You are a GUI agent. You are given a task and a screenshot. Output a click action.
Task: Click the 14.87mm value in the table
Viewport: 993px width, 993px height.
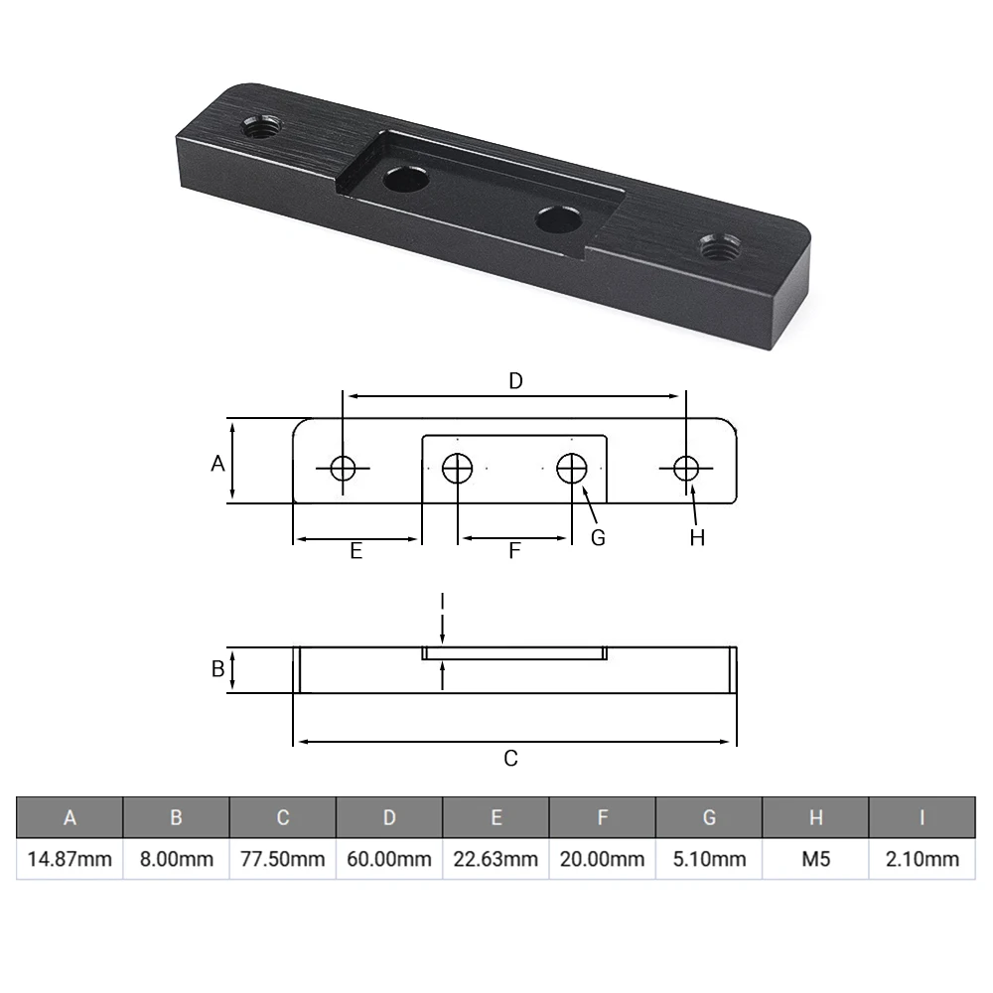[70, 858]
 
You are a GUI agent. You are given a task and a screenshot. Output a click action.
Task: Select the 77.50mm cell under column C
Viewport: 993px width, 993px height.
[283, 858]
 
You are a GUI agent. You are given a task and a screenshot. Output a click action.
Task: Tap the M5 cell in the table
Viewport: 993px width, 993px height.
[815, 858]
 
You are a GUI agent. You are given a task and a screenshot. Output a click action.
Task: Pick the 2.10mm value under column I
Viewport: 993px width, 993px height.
[922, 858]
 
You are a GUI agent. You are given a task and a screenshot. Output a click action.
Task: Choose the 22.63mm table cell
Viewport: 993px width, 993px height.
[496, 858]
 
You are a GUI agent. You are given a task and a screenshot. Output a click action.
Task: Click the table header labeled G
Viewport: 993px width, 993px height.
[709, 817]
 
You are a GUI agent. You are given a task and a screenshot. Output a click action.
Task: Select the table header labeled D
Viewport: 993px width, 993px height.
[389, 817]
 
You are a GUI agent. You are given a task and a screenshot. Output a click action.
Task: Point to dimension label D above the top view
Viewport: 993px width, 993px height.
[515, 380]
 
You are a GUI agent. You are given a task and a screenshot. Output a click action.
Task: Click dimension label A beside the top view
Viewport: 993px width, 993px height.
[217, 463]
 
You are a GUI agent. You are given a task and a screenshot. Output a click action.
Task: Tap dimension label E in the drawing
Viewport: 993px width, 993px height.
[355, 551]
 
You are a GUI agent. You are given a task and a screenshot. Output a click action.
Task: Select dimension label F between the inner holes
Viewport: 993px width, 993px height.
[514, 551]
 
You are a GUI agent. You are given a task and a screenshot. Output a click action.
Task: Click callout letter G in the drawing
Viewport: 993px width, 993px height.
[598, 537]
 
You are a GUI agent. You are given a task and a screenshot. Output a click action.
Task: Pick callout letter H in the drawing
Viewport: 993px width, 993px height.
[697, 537]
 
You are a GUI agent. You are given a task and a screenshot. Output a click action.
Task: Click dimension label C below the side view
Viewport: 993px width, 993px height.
[510, 759]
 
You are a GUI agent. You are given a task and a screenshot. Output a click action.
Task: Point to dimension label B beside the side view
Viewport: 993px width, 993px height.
[217, 669]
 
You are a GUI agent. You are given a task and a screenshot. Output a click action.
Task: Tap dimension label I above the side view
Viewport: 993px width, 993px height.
[443, 602]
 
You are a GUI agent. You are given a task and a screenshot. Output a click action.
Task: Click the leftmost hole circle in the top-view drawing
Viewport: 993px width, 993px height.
[344, 468]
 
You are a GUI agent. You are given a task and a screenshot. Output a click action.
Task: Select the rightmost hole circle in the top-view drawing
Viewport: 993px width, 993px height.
[686, 468]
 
